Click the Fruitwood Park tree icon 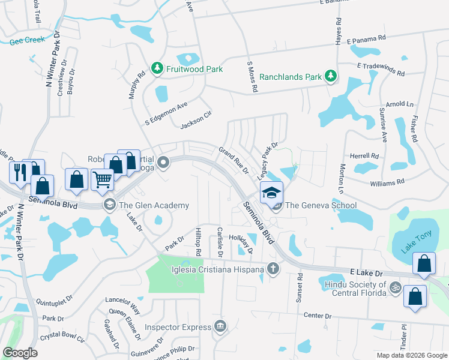[157, 69]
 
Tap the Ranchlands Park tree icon [330, 76]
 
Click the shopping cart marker [103, 178]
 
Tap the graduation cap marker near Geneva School [271, 192]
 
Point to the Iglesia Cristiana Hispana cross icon [273, 269]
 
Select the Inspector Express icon [221, 327]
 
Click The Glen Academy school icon [109, 205]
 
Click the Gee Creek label [23, 42]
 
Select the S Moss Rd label [252, 76]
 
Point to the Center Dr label [318, 316]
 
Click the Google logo [20, 352]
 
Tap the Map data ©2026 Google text [411, 355]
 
